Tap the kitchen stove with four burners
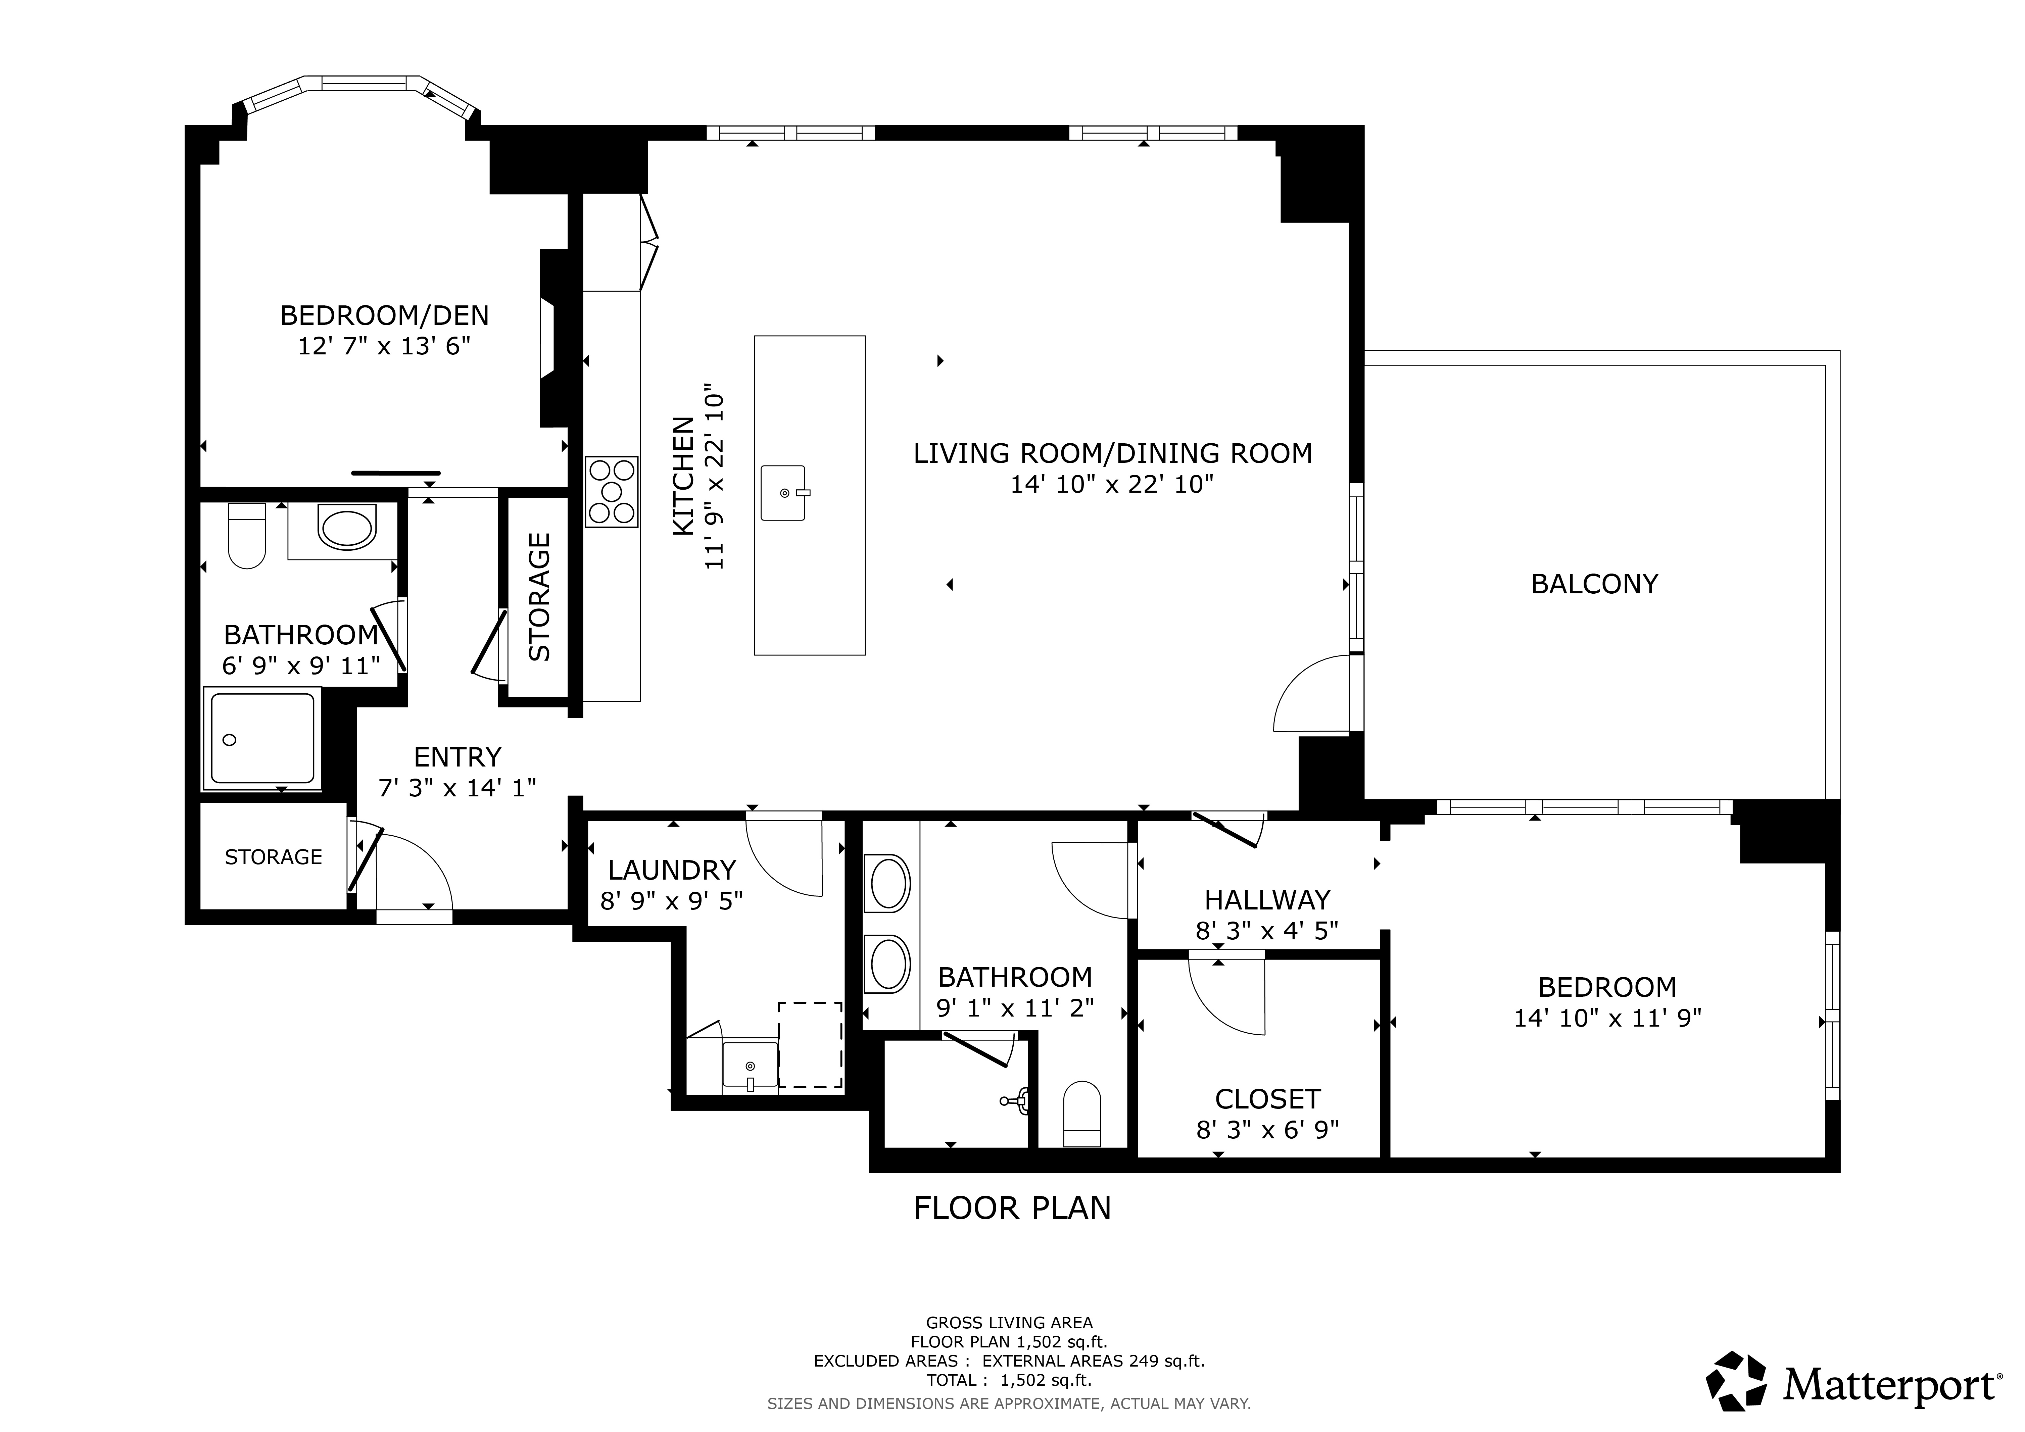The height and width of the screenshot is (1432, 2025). [x=611, y=492]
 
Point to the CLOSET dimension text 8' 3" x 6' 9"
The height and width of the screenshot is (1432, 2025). [x=1267, y=1130]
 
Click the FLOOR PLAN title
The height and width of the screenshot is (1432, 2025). [x=1012, y=1208]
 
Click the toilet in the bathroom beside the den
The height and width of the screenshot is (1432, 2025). [x=247, y=535]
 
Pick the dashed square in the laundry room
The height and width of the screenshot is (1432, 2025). [x=810, y=1045]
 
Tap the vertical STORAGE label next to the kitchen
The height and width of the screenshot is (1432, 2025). [x=539, y=597]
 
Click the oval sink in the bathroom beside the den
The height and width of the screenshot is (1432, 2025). [x=347, y=528]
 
